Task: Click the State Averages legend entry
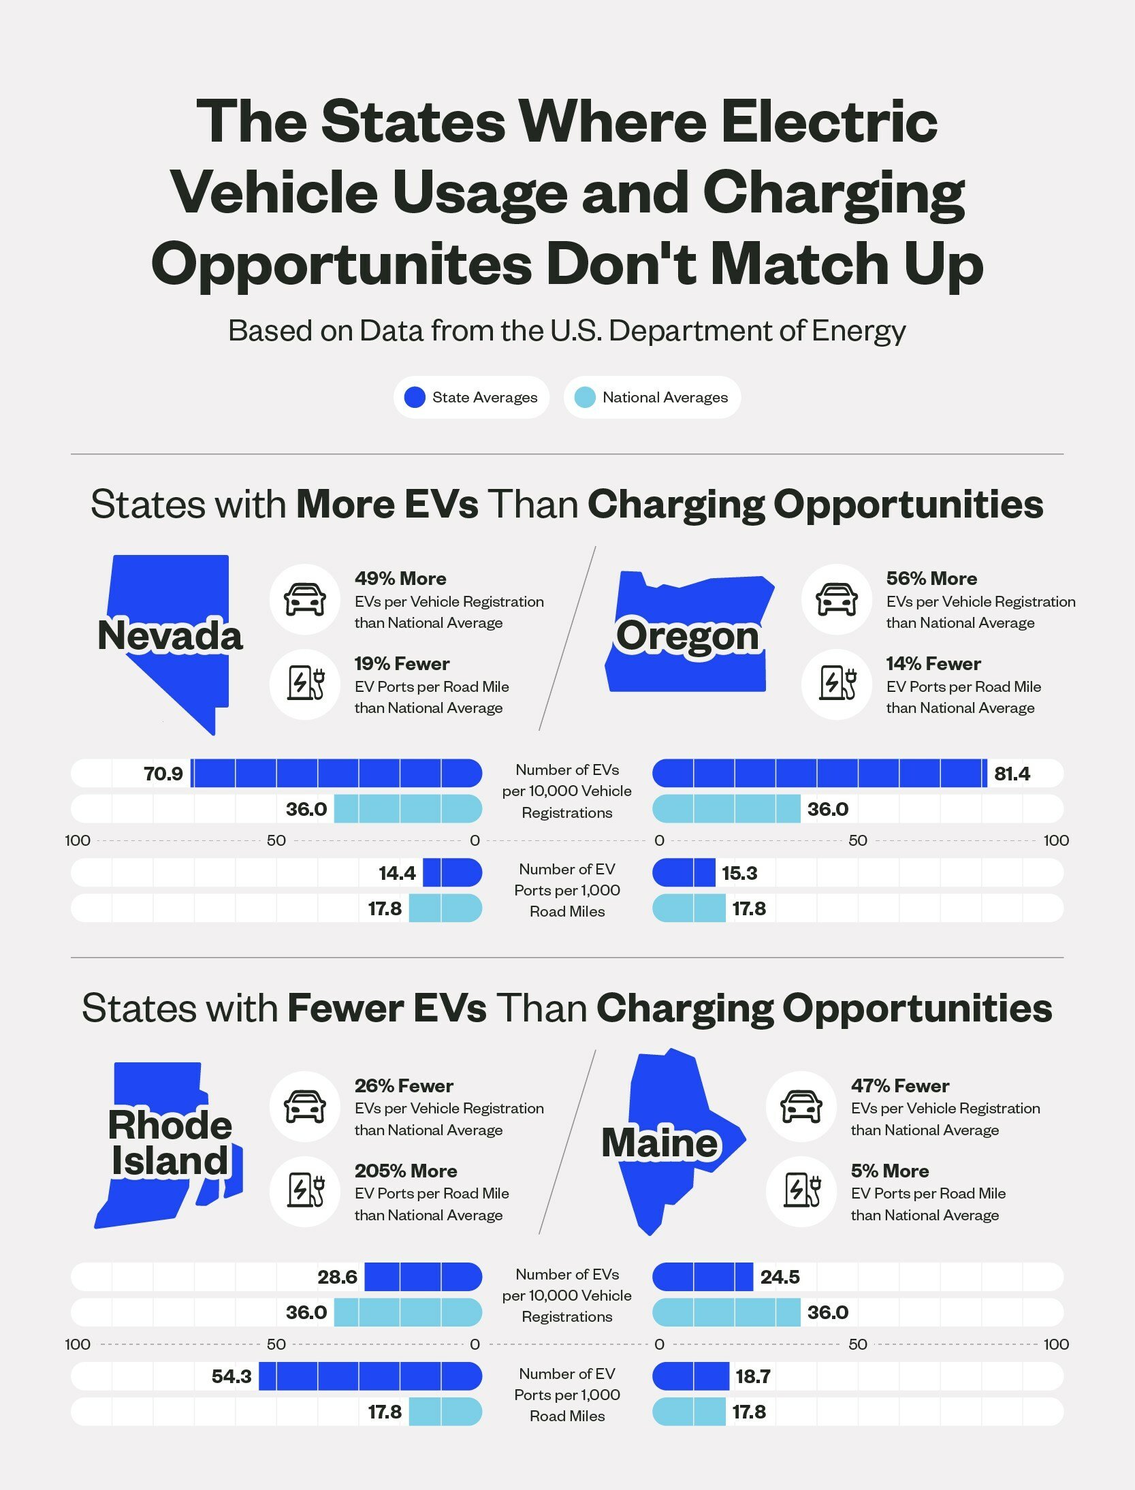tap(471, 398)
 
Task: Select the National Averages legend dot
tap(585, 398)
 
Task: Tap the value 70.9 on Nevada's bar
tap(163, 774)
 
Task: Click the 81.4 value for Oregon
tap(1012, 774)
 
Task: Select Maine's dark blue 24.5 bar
tap(703, 1277)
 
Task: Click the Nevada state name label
tap(170, 635)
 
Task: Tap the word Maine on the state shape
tap(659, 1142)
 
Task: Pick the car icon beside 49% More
tap(304, 599)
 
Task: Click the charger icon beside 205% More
tap(304, 1191)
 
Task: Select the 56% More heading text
tap(931, 578)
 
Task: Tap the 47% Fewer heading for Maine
tap(899, 1085)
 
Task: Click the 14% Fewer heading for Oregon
tap(933, 663)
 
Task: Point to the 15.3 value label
tap(739, 873)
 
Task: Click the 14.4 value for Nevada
tap(397, 873)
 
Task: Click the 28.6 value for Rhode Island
tap(337, 1277)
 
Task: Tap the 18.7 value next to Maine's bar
tap(752, 1376)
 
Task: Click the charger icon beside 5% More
tap(801, 1191)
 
